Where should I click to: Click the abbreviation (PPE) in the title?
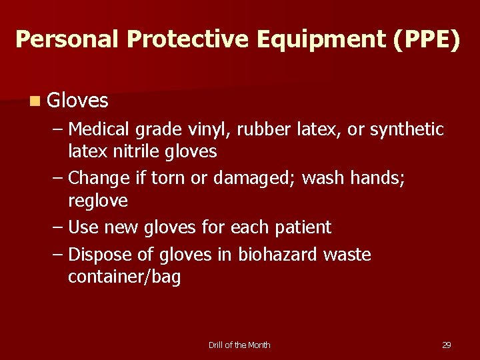point(427,39)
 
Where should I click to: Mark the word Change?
point(99,178)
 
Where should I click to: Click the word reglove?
point(98,201)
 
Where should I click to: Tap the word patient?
point(303,227)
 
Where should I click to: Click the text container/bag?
point(125,277)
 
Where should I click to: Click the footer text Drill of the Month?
point(239,345)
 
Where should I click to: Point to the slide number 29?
point(447,345)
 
